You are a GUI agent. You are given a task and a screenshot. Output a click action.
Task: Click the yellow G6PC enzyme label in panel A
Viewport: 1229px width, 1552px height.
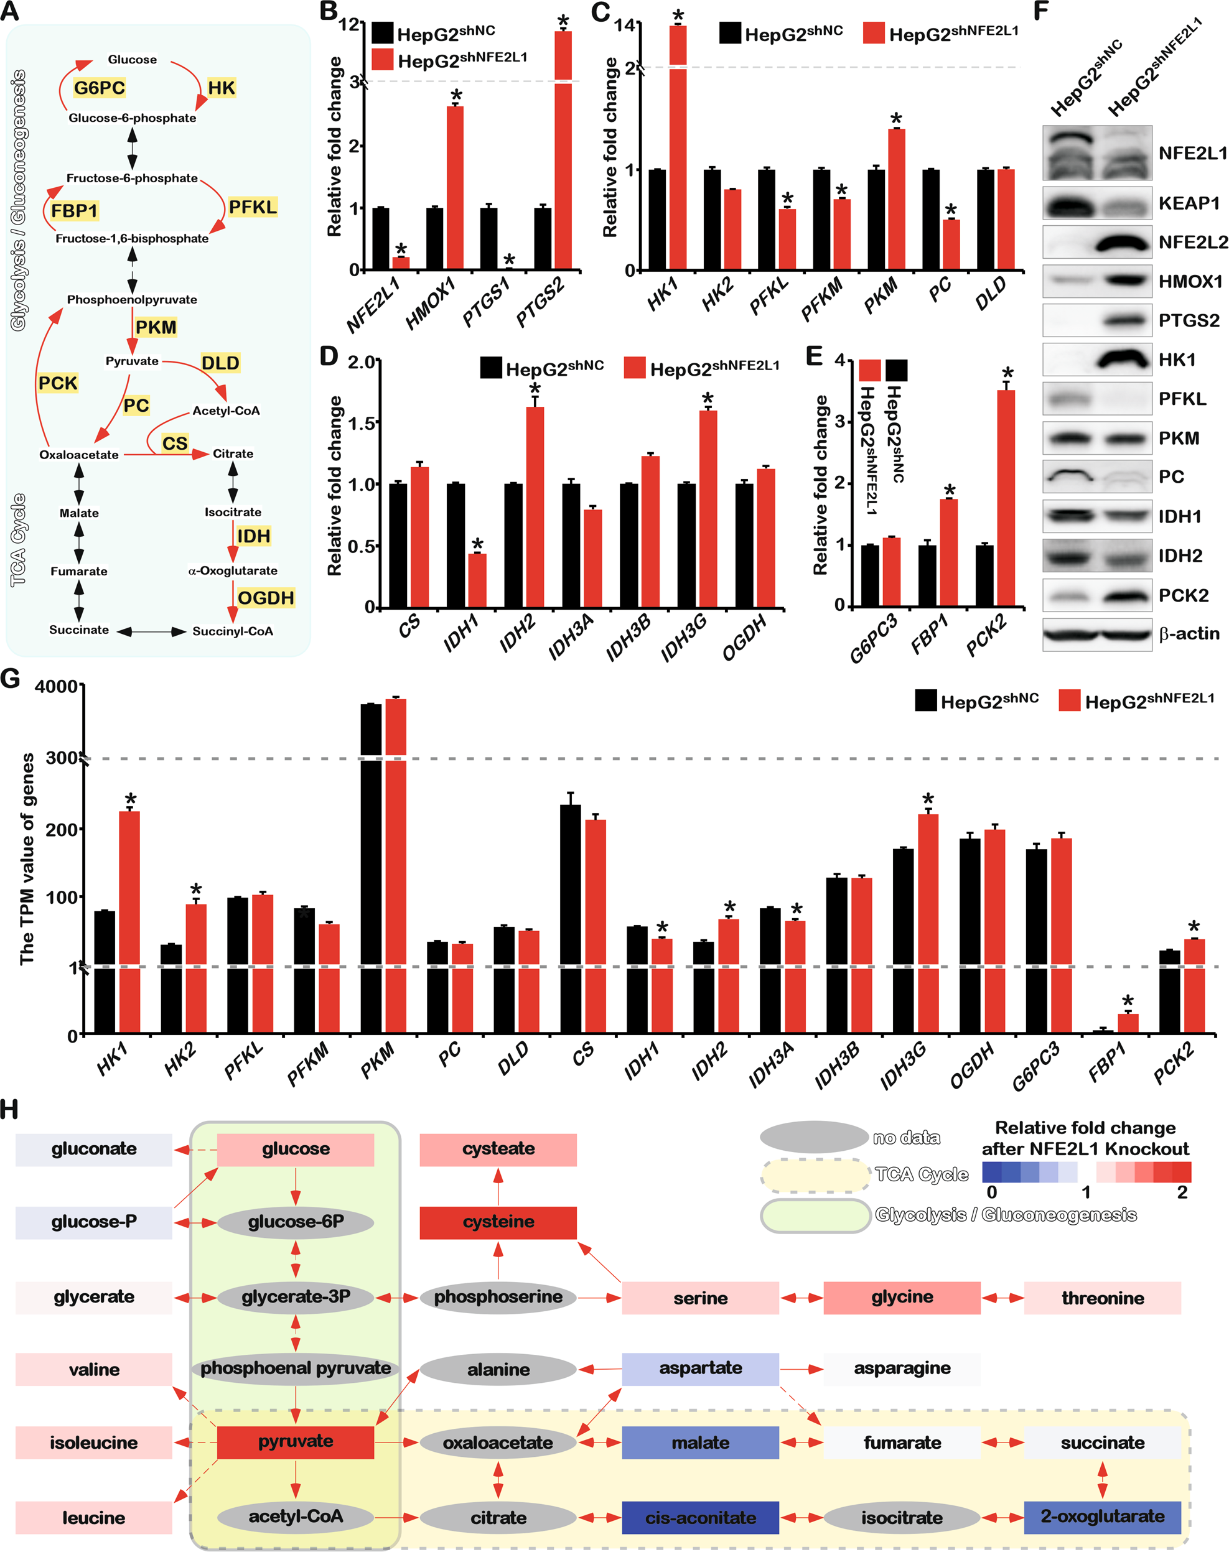[x=100, y=88]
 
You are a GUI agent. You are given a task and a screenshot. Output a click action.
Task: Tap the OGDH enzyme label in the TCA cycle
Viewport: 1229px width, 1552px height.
[x=266, y=598]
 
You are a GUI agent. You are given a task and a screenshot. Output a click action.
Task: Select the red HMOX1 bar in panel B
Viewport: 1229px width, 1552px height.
[x=455, y=187]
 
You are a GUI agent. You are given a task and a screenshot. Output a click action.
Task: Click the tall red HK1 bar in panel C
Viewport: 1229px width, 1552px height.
[x=678, y=147]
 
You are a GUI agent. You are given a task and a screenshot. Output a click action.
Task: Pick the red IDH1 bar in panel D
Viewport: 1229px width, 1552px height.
[x=477, y=580]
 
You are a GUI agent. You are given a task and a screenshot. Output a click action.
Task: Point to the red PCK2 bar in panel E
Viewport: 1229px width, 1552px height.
[x=1005, y=497]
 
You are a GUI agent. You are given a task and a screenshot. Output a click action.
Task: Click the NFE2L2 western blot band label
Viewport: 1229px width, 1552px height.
[x=1192, y=243]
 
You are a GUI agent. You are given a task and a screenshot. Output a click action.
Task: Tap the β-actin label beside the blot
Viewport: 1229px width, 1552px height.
[x=1189, y=634]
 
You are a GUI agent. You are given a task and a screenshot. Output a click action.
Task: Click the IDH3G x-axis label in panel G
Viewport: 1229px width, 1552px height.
[x=904, y=1065]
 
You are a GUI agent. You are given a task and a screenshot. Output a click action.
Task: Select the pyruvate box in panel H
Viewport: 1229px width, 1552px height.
[x=295, y=1442]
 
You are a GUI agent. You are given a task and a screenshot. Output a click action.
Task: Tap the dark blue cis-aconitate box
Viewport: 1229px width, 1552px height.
[x=700, y=1518]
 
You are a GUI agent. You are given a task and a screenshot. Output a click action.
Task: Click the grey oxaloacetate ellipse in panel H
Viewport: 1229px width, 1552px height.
[x=498, y=1443]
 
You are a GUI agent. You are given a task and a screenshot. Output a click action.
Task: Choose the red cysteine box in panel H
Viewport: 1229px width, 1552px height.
[x=498, y=1222]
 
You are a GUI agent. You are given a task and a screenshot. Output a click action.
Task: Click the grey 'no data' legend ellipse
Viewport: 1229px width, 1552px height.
[x=814, y=1137]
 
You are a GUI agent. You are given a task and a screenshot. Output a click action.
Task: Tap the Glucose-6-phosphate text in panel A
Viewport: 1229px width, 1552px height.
[x=133, y=118]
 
